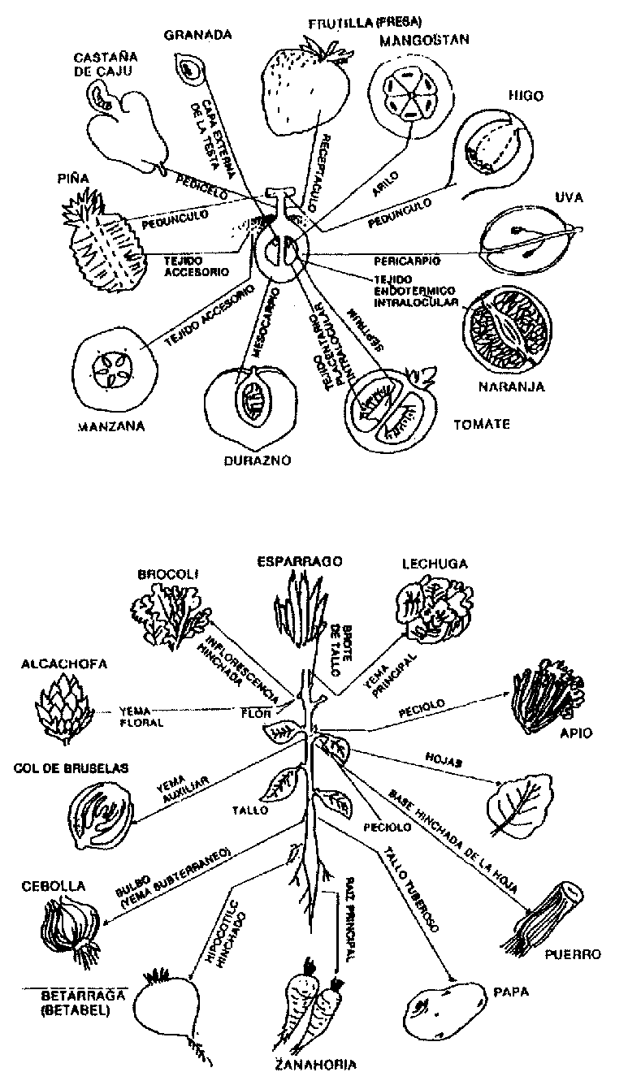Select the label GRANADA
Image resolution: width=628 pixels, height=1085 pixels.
tap(198, 35)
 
